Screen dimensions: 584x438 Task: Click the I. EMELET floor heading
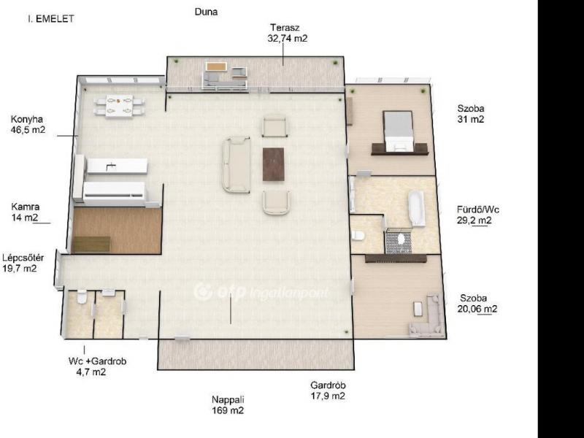[51, 19]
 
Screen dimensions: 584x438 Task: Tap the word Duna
[206, 12]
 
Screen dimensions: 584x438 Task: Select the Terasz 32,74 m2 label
[287, 33]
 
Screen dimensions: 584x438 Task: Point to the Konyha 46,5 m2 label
[28, 125]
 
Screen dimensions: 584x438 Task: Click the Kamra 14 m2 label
[26, 212]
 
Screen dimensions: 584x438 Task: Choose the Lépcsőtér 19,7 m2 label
[23, 263]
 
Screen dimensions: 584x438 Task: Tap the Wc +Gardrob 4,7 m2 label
[97, 366]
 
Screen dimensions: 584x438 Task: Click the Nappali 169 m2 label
[228, 405]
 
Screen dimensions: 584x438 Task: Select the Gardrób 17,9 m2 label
[328, 391]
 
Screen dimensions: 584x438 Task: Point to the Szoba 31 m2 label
[471, 114]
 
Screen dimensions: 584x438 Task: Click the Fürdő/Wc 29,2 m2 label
[478, 215]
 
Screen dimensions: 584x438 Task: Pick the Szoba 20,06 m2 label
[477, 304]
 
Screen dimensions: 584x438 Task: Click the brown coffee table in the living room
[273, 164]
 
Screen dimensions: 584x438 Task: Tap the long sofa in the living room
[236, 165]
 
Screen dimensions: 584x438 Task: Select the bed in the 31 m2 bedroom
[399, 131]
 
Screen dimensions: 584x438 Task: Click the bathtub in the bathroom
[416, 209]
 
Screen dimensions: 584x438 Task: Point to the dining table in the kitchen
[119, 106]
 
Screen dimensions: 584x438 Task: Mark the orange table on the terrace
[216, 66]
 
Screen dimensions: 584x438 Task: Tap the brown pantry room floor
[117, 231]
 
